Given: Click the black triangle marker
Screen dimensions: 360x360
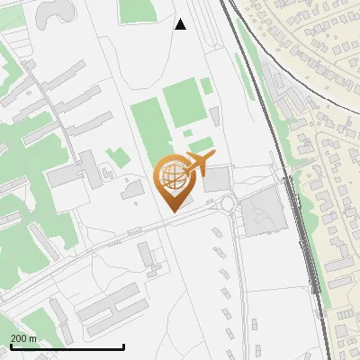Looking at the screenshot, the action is [181, 24].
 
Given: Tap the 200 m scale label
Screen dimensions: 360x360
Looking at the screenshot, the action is [23, 338].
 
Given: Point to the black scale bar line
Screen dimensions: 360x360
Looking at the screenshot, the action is [67, 347].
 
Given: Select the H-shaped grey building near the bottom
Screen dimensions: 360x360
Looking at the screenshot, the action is [151, 259].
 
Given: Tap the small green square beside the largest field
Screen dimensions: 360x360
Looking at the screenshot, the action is [206, 85].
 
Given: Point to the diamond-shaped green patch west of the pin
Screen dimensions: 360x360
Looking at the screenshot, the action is [116, 157].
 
